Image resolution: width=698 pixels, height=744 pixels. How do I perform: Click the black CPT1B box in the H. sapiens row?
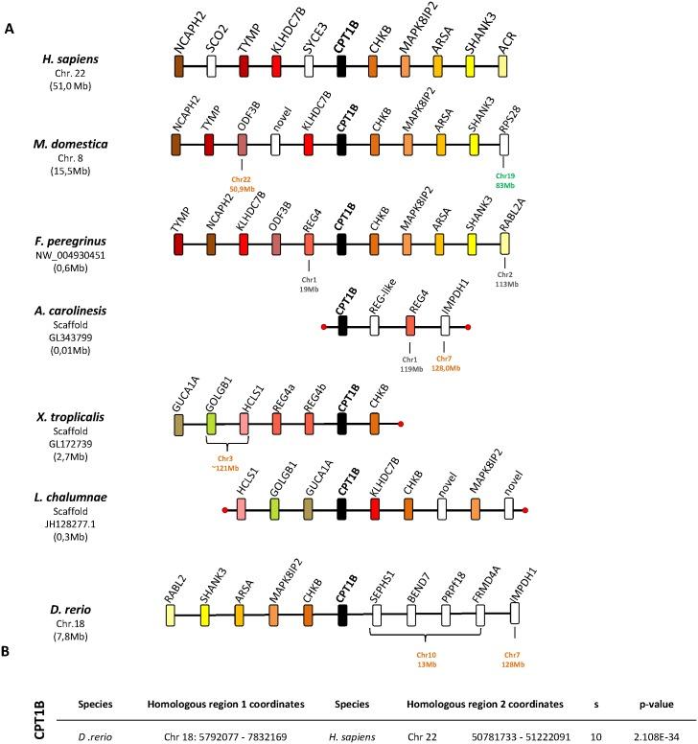pyautogui.click(x=342, y=65)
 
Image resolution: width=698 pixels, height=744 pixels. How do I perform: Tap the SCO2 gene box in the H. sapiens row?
pyautogui.click(x=212, y=65)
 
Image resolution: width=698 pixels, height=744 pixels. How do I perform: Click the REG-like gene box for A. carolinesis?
pyautogui.click(x=375, y=326)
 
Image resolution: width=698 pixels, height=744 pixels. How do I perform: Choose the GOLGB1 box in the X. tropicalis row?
pyautogui.click(x=212, y=423)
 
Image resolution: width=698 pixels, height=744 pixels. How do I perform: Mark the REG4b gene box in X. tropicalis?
pyautogui.click(x=310, y=423)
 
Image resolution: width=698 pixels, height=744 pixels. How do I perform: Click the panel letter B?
pyautogui.click(x=8, y=678)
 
